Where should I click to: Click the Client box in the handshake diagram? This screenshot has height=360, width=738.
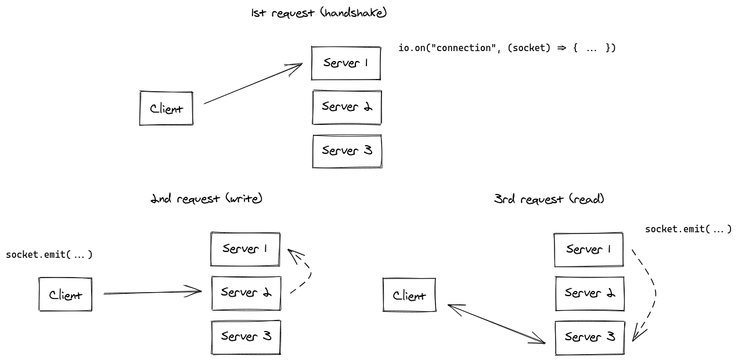pyautogui.click(x=166, y=109)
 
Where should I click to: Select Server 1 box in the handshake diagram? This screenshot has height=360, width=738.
pyautogui.click(x=345, y=63)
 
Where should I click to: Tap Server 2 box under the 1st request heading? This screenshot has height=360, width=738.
pyautogui.click(x=347, y=107)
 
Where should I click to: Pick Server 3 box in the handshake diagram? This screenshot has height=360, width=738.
pyautogui.click(x=347, y=151)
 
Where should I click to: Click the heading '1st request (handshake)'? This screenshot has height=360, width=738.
pyautogui.click(x=319, y=13)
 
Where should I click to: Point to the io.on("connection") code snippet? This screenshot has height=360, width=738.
pyautogui.click(x=506, y=48)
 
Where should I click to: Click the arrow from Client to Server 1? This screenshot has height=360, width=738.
pyautogui.click(x=253, y=84)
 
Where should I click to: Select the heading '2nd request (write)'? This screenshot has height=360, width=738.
pyautogui.click(x=206, y=199)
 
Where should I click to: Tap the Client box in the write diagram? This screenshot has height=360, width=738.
pyautogui.click(x=65, y=295)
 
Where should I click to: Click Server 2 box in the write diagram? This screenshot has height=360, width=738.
pyautogui.click(x=246, y=293)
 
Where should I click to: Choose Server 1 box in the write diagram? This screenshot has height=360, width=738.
pyautogui.click(x=245, y=249)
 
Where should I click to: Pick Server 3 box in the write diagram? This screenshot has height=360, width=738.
pyautogui.click(x=246, y=336)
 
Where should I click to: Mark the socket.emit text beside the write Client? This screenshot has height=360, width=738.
pyautogui.click(x=49, y=255)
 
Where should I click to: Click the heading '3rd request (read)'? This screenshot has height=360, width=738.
pyautogui.click(x=549, y=199)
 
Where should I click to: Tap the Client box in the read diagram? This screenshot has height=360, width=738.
pyautogui.click(x=409, y=296)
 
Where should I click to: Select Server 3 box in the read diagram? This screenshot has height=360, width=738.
pyautogui.click(x=589, y=337)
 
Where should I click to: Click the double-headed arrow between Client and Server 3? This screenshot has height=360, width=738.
pyautogui.click(x=496, y=324)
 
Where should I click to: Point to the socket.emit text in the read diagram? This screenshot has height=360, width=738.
pyautogui.click(x=688, y=229)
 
